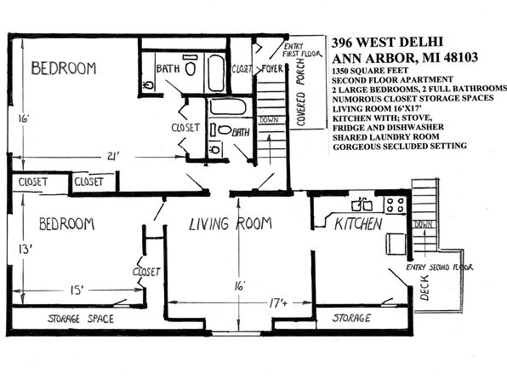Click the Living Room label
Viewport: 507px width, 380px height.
point(231,224)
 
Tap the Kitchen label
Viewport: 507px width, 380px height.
point(358,224)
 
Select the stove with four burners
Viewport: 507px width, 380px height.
point(395,204)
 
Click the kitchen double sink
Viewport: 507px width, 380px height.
point(362,204)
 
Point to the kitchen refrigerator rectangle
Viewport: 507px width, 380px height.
point(396,244)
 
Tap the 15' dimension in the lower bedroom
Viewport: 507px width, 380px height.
point(77,290)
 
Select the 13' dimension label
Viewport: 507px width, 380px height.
point(25,250)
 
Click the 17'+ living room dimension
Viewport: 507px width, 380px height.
point(278,303)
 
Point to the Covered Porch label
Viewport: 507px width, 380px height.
point(300,93)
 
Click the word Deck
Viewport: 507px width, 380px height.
point(424,288)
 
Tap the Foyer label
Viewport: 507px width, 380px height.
point(272,69)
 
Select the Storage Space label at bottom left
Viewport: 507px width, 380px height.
point(81,319)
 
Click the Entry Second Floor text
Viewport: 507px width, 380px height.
point(440,268)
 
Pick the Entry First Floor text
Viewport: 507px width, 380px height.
point(302,50)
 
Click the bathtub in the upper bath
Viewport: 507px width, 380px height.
point(216,73)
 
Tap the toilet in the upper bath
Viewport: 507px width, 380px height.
point(191,66)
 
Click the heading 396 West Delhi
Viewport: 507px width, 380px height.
point(387,42)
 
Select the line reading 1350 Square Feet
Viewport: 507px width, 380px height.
point(370,71)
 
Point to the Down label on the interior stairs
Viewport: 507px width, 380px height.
point(269,120)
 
